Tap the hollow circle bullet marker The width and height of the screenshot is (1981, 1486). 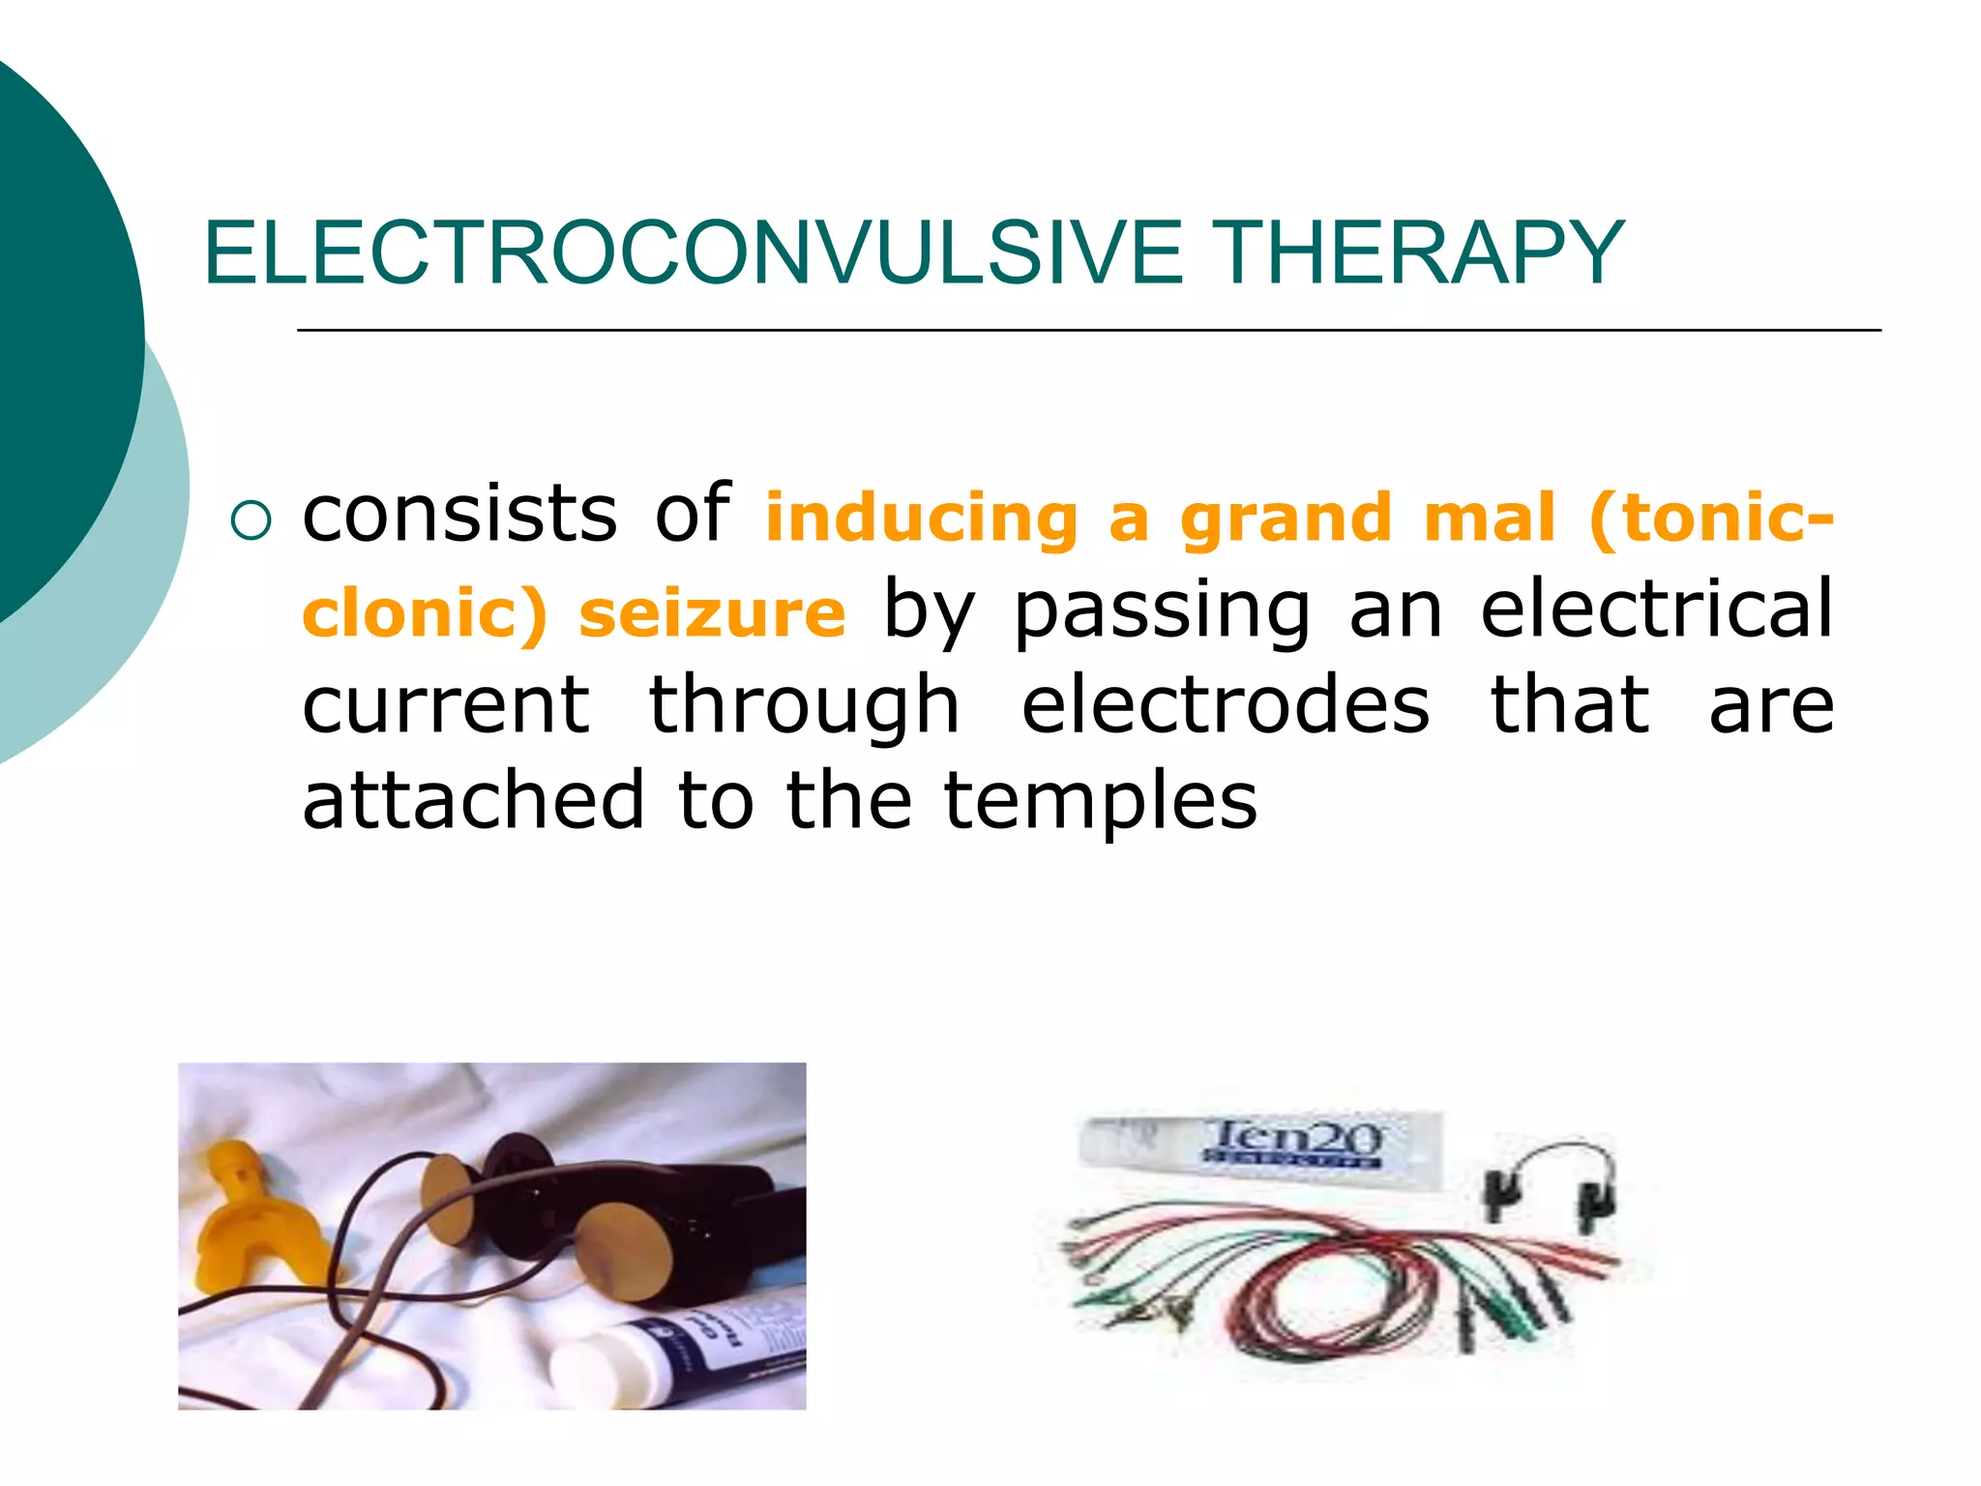click(x=251, y=521)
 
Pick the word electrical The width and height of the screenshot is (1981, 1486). click(x=1656, y=609)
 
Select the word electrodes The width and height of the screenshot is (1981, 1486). click(x=1225, y=705)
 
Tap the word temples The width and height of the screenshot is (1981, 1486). click(x=1100, y=802)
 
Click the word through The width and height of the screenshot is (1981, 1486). click(x=804, y=707)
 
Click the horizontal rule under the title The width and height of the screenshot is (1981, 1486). click(x=1088, y=331)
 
